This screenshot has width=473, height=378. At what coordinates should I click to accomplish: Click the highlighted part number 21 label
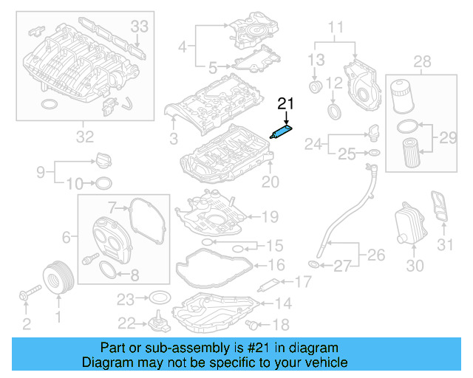click(x=285, y=104)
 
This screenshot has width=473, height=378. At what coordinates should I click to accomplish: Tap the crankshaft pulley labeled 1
click(x=57, y=278)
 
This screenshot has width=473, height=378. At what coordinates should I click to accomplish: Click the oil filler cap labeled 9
click(x=102, y=160)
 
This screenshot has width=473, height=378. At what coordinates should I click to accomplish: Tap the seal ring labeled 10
click(x=104, y=183)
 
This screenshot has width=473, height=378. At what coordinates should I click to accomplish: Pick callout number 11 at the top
click(x=336, y=30)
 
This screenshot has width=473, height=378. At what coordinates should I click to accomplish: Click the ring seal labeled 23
click(x=158, y=299)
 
